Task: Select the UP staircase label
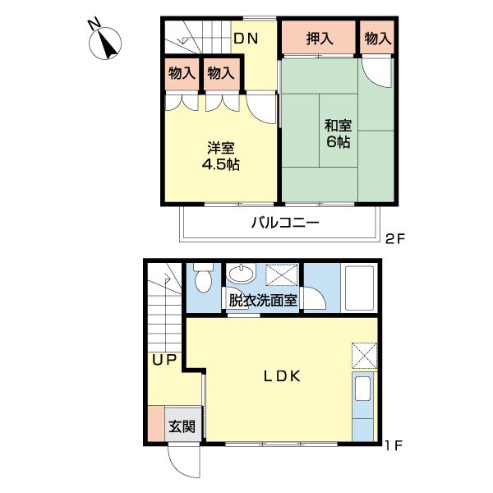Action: [x=164, y=359]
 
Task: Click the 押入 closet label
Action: [x=320, y=38]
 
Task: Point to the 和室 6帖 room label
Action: [x=337, y=134]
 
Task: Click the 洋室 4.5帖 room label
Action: [x=221, y=156]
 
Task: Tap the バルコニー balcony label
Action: [x=284, y=223]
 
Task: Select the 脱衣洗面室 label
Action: [x=263, y=301]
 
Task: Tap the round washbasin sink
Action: [x=241, y=274]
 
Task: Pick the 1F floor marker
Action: [x=394, y=447]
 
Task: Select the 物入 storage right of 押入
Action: [x=377, y=38]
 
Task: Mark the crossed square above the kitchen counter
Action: [x=364, y=356]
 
